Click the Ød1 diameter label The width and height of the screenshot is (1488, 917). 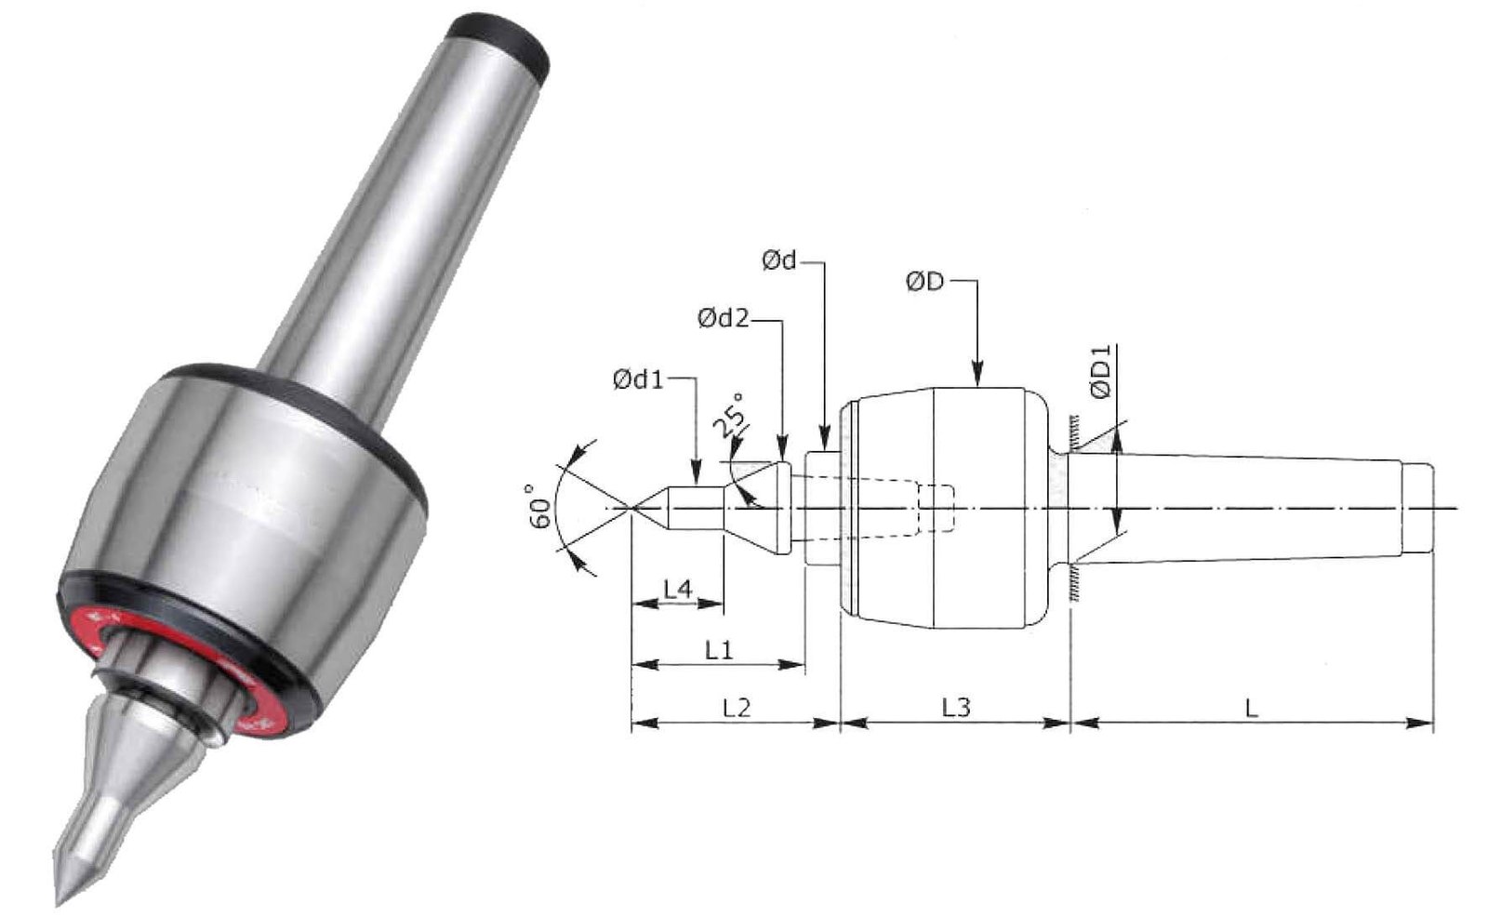coord(638,380)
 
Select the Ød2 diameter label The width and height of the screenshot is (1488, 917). coord(724,319)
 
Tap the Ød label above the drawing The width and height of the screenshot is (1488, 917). coord(779,261)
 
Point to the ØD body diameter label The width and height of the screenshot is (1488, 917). coord(924,282)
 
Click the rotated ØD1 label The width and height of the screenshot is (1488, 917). coord(1101,371)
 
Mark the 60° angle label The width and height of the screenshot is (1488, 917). coord(541,506)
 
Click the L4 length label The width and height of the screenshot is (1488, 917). coord(678,590)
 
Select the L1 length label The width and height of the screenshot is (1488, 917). coord(718,650)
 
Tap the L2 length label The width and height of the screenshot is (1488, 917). coord(736,709)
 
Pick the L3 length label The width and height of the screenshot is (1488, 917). coord(956,709)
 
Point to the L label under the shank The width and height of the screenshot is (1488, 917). coord(1252,709)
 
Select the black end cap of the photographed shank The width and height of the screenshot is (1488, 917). coord(499,42)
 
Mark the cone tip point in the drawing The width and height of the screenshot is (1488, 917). coord(632,509)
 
